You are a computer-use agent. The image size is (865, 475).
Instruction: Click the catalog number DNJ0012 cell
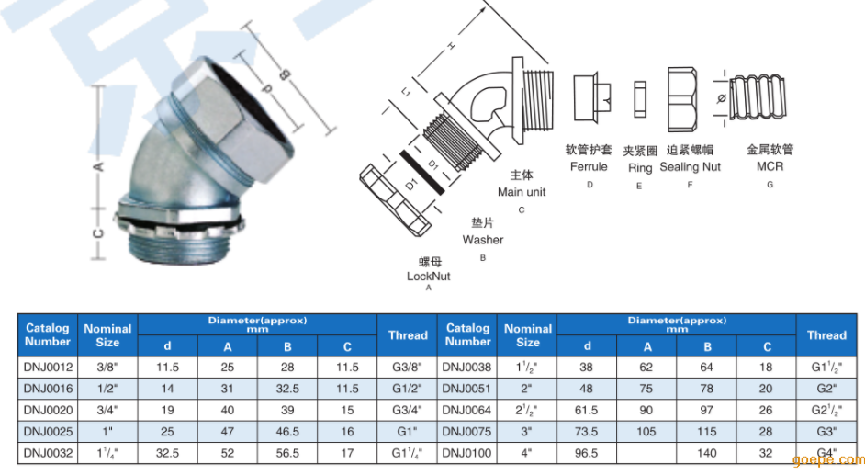click(x=48, y=367)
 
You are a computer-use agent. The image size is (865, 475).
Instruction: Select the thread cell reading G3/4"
click(x=407, y=410)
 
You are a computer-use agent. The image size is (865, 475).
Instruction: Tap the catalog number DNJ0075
click(x=466, y=432)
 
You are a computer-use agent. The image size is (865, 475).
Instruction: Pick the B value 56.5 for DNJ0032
click(x=287, y=453)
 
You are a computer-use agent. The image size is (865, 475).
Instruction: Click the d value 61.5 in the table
click(x=587, y=410)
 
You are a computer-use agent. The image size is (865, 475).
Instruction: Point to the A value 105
click(x=646, y=432)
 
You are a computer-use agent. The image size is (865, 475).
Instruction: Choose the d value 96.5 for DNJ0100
click(x=587, y=453)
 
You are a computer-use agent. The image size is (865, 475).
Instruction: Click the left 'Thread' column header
click(x=408, y=335)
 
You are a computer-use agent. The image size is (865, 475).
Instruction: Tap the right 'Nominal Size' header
click(x=528, y=335)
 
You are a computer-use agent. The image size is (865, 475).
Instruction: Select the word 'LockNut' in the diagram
click(x=429, y=277)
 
